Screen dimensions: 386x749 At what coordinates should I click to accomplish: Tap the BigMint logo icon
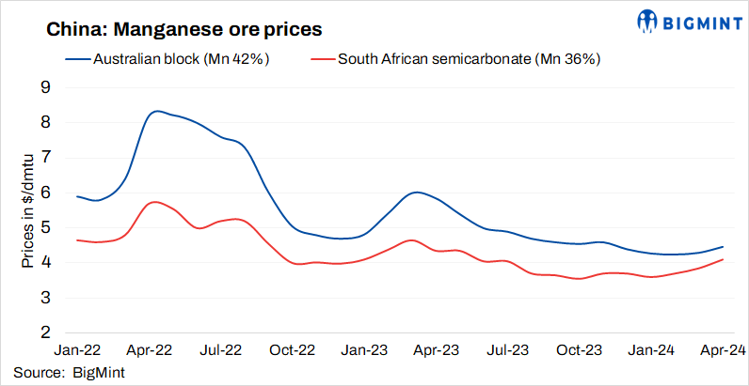pos(648,20)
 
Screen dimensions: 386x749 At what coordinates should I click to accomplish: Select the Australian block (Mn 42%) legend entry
pos(169,59)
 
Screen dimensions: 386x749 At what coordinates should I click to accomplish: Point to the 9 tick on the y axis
pos(44,87)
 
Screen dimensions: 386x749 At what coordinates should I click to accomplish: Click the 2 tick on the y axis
pos(44,332)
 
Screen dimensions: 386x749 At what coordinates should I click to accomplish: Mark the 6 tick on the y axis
pos(44,193)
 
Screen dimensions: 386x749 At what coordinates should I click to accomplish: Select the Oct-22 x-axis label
pos(292,350)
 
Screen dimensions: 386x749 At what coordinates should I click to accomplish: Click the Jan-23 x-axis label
pos(364,350)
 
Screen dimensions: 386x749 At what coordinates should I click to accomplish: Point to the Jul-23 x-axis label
pos(507,350)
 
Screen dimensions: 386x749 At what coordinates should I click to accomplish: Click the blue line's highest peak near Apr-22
pos(156,111)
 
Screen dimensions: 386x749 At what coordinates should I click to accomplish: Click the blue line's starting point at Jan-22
pos(76,196)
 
